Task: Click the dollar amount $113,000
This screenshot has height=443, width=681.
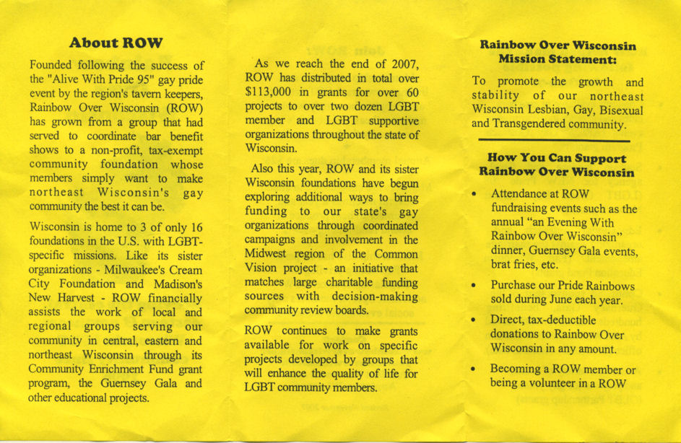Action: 271,91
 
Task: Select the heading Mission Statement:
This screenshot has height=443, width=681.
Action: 557,58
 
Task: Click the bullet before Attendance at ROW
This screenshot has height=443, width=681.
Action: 474,195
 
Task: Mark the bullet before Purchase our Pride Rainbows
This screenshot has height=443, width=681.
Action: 474,286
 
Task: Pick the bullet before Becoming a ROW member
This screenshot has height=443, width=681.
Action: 474,369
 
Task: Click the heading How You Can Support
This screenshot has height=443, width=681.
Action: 557,158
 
